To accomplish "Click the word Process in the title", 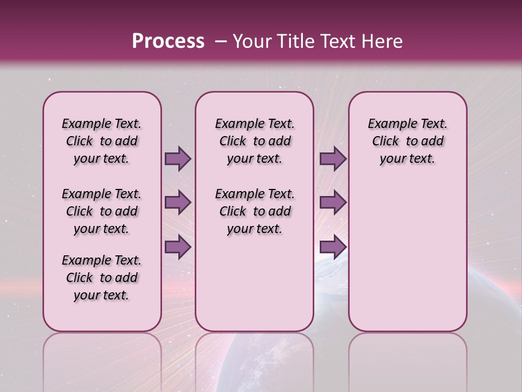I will coord(167,41).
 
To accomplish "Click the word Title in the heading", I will coord(295,41).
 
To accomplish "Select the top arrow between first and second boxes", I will coord(178,159).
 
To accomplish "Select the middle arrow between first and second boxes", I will coord(178,203).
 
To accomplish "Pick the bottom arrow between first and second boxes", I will coord(178,247).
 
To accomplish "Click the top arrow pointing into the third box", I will coord(333,159).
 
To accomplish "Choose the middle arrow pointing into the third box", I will coord(333,203).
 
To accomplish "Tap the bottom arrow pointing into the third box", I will coord(333,247).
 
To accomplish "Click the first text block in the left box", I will coord(102,141).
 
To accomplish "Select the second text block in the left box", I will coord(102,211).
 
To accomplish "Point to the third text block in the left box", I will coord(102,278).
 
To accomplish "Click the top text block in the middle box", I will coord(255,141).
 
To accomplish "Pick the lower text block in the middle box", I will coord(255,211).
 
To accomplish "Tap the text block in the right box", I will coord(408,141).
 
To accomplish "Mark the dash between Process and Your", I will coord(220,41).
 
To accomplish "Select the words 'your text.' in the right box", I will coord(408,159).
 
